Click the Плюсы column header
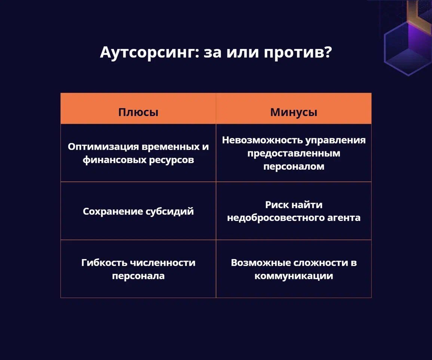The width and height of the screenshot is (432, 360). (138, 112)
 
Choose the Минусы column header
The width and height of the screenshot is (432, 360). (294, 112)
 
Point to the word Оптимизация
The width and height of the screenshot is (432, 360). (103, 147)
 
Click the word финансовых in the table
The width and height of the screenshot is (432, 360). (114, 160)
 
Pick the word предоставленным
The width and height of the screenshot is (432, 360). (294, 154)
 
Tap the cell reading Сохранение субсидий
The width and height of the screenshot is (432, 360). (138, 212)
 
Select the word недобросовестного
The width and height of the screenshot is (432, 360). (276, 218)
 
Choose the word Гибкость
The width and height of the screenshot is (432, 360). (104, 262)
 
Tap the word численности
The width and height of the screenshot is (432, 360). (163, 263)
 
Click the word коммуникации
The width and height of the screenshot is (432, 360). (294, 276)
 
